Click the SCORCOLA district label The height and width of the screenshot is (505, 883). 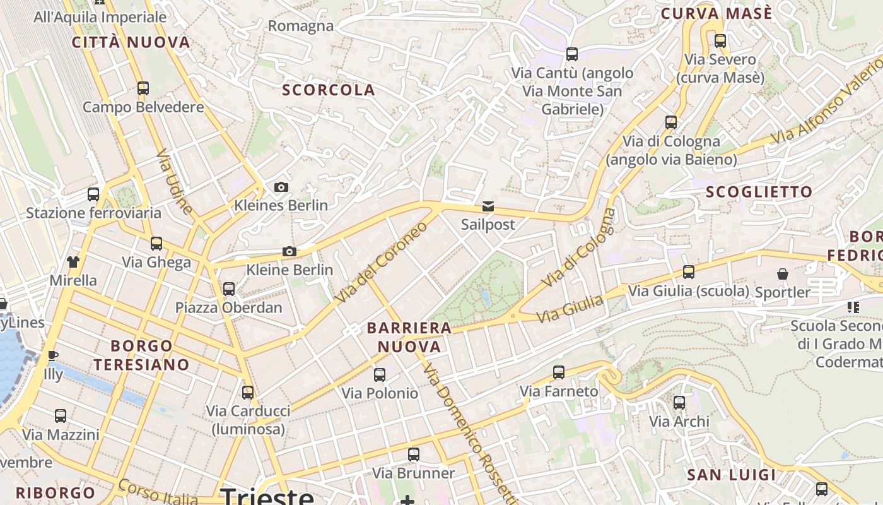329,90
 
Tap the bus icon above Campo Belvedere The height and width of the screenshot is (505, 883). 143,88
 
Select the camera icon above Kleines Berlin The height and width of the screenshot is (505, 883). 281,187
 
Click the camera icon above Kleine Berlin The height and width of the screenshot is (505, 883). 289,251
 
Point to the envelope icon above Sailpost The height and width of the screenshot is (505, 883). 488,206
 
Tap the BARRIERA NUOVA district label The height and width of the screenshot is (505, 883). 409,337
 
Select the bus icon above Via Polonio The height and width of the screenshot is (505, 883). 380,375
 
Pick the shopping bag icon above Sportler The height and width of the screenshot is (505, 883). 782,274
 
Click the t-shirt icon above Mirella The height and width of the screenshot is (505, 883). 73,262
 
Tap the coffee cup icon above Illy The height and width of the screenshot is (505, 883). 53,356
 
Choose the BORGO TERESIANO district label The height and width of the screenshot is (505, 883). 141,355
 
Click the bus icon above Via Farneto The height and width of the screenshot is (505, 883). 559,372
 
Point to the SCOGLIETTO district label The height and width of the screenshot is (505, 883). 759,192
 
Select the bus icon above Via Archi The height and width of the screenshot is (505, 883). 679,403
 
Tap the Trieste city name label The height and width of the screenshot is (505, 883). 268,496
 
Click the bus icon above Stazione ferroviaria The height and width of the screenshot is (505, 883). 93,194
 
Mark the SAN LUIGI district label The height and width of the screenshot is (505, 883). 731,475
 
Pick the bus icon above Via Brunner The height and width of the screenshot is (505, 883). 414,454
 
